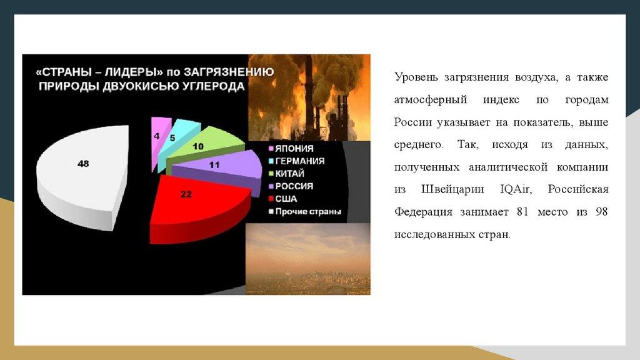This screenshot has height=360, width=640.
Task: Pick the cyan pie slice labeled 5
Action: pyautogui.click(x=176, y=141)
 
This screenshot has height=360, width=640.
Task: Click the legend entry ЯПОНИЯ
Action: pyautogui.click(x=291, y=149)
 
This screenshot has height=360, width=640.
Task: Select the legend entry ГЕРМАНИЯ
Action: pyautogui.click(x=296, y=161)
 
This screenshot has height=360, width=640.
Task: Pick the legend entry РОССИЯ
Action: pyautogui.click(x=291, y=186)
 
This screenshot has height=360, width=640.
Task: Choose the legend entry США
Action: pyautogui.click(x=283, y=199)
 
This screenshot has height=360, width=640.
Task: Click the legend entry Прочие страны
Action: pyautogui.click(x=304, y=212)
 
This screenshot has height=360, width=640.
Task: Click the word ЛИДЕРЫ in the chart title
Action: pyautogui.click(x=131, y=72)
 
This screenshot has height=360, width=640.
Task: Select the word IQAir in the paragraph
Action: pyautogui.click(x=516, y=189)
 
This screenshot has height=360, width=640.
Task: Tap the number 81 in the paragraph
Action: pyautogui.click(x=522, y=212)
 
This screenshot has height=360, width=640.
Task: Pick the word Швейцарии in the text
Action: pyautogui.click(x=452, y=189)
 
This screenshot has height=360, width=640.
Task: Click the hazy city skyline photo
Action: pyautogui.click(x=308, y=259)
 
